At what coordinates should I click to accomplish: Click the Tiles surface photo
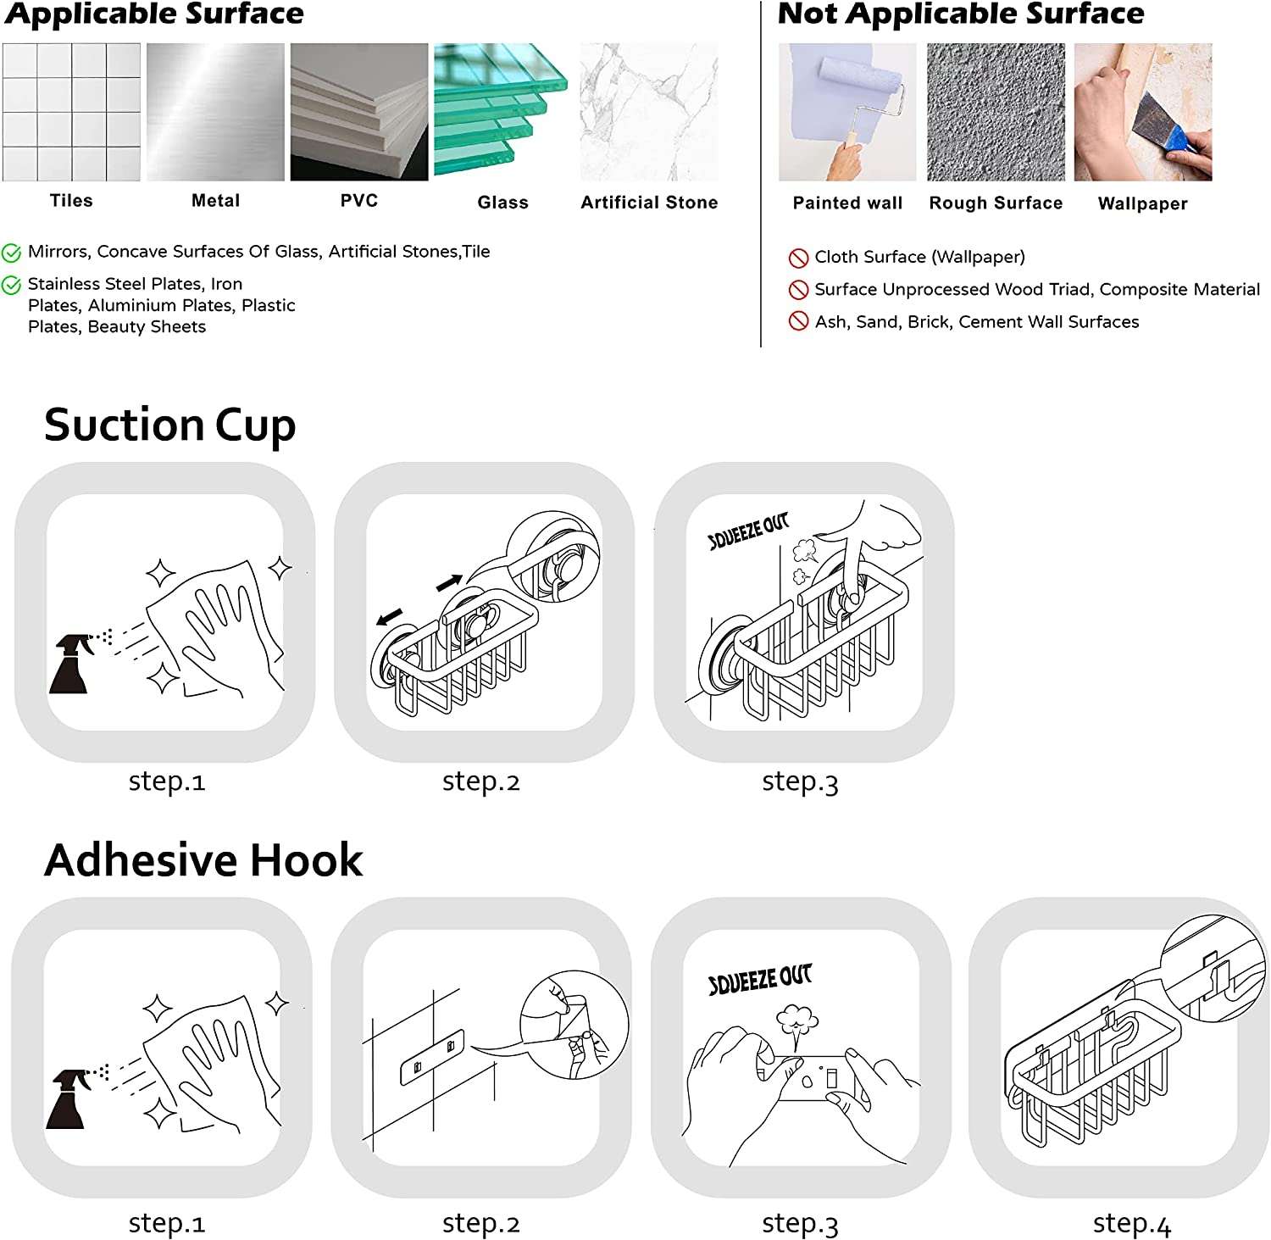[71, 112]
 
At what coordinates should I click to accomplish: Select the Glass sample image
[500, 110]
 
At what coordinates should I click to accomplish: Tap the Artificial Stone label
[649, 203]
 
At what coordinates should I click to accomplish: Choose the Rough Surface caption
[996, 203]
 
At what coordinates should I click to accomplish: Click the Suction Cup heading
[170, 425]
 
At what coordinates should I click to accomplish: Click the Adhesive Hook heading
[203, 860]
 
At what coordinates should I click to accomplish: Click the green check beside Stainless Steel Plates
[11, 286]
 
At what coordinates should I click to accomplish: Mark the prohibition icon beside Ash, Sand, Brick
[798, 321]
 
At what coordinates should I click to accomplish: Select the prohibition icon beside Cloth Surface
[798, 258]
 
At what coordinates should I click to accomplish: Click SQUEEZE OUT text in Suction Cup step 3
[748, 531]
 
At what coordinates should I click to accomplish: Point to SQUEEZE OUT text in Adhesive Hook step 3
[760, 979]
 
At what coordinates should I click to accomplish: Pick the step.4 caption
[1131, 1224]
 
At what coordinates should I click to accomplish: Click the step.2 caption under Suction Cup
[480, 781]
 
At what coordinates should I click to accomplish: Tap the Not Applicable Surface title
[961, 14]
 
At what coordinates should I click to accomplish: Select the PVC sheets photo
[359, 112]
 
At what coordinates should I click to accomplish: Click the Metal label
[215, 201]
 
